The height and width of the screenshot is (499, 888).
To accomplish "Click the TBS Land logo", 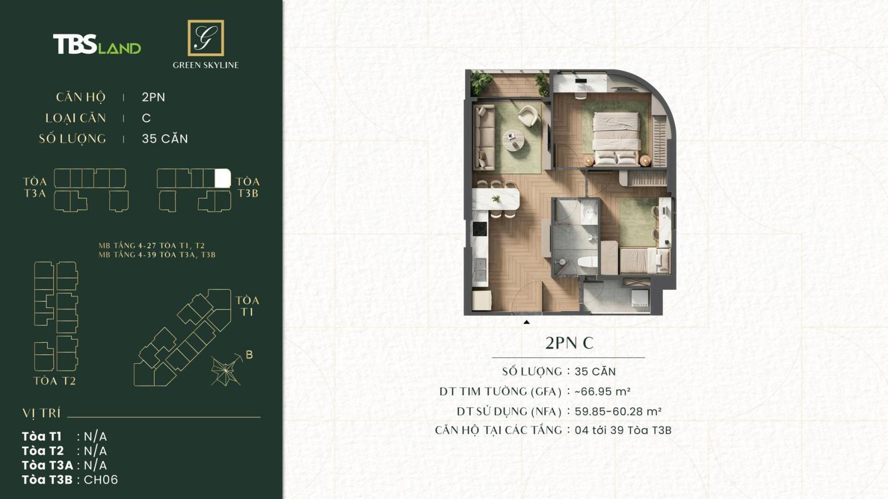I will pos(97,44).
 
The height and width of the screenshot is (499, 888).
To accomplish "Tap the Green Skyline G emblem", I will pos(206,38).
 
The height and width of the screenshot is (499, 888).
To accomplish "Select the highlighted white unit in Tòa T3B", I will pos(222,179).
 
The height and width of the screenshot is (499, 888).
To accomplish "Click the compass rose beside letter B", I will pos(226,370).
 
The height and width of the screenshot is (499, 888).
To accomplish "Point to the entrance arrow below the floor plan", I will pos(526,322).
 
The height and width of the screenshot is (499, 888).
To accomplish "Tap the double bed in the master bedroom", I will pos(615,139).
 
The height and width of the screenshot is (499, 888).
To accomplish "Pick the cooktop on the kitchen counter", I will pos(480,228).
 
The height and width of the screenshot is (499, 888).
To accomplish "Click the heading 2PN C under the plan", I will pos(569,343).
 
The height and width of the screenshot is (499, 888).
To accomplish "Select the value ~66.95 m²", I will pos(602,391).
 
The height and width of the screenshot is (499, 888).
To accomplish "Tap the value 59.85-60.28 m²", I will pos(618,411).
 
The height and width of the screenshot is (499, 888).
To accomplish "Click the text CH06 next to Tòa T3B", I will pos(100,480).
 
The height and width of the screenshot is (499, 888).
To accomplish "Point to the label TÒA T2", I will pos(54,381).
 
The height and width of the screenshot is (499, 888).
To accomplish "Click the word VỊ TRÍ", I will pos(42,413).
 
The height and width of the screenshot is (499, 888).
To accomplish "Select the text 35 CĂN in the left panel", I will pos(165,139).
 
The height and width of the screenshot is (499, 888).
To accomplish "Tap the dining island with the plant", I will pos(496,199).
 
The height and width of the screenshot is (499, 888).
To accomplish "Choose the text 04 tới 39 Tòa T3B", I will pos(623,430).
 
